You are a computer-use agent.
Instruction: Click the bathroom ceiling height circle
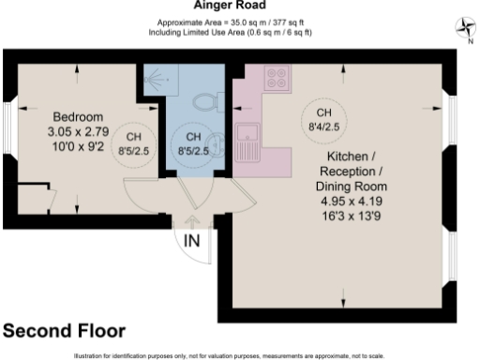tap(193, 142)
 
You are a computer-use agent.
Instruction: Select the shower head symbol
tap(149, 82)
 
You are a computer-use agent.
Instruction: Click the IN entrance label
tap(192, 242)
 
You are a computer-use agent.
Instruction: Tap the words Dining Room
tap(352, 186)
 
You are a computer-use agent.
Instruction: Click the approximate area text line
tap(231, 24)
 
